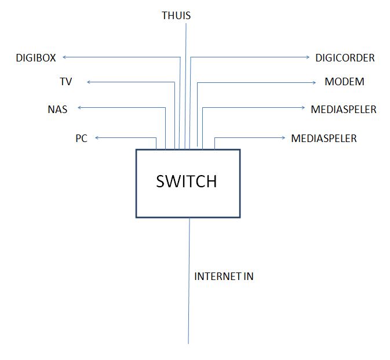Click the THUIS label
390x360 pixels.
coord(176,16)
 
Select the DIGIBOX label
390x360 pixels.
coord(36,57)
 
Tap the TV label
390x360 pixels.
coord(65,82)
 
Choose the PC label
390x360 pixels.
coord(81,139)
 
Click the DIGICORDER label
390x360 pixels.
coord(345,57)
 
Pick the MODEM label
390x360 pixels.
coord(344,82)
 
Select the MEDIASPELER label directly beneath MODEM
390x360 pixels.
coord(343,109)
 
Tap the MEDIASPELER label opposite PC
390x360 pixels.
coord(323,139)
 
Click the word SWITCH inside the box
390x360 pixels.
coord(187,181)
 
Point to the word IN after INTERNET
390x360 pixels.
coord(248,277)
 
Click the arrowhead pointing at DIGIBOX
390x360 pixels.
coord(64,57)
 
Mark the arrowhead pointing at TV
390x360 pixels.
coord(89,82)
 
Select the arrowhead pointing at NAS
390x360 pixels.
coord(80,108)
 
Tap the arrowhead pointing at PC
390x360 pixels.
coord(97,137)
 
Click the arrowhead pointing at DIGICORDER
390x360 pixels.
coord(309,57)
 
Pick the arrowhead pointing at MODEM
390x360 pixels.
coord(311,82)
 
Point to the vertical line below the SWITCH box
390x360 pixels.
coord(189,290)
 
